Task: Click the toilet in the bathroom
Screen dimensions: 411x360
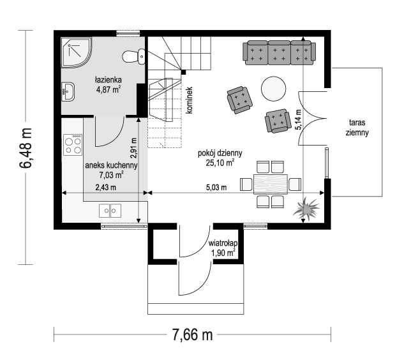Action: (133, 56)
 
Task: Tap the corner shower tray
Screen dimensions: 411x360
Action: (76, 52)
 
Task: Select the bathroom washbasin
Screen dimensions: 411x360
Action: (68, 91)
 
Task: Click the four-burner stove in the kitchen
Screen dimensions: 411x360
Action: (73, 145)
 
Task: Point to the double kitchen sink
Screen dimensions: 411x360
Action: (110, 211)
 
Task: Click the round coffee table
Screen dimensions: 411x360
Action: (273, 89)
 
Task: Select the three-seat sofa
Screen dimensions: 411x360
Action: (279, 52)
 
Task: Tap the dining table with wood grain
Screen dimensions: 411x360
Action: (271, 184)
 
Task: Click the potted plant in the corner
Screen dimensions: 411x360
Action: (306, 209)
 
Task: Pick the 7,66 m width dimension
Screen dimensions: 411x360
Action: (192, 334)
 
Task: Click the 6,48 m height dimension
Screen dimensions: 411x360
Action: (26, 147)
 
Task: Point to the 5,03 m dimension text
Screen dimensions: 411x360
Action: (216, 188)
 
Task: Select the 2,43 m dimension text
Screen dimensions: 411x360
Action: (106, 188)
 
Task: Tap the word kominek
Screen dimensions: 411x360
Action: (190, 100)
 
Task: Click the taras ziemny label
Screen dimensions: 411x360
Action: (357, 128)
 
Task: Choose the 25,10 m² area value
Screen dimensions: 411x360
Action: (220, 163)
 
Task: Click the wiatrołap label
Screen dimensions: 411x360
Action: (223, 243)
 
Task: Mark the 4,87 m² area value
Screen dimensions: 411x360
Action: (108, 89)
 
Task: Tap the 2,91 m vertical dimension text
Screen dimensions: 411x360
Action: (133, 148)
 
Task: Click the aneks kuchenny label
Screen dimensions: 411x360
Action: (112, 165)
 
